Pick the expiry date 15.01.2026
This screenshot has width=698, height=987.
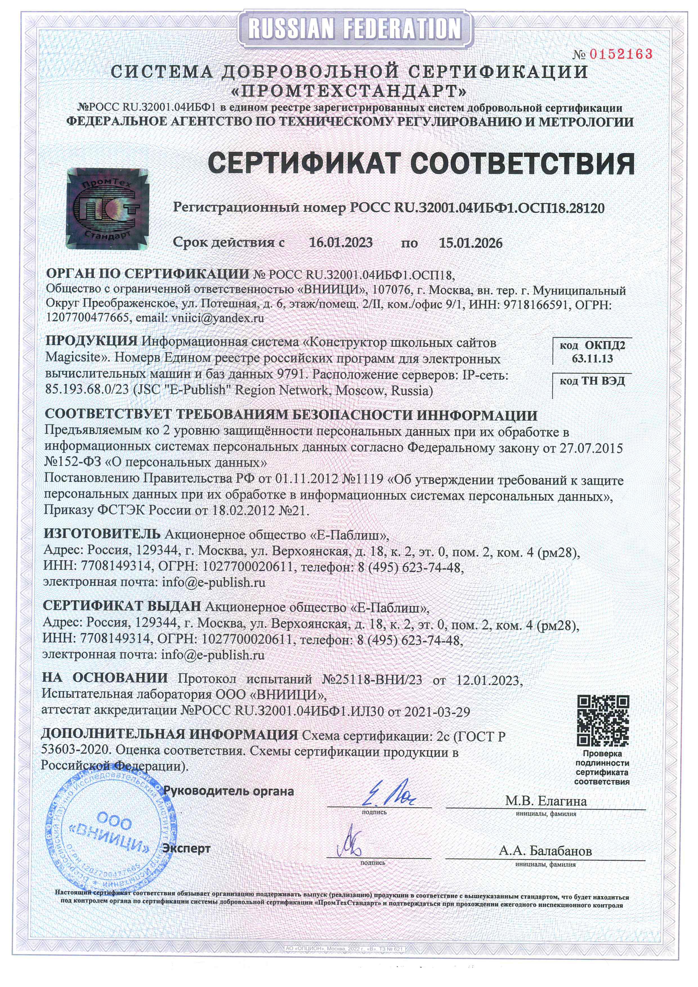pos(470,243)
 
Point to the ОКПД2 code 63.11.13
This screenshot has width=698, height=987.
pos(592,359)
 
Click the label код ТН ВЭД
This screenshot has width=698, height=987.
pos(592,381)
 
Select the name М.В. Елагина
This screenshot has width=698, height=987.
pos(545,801)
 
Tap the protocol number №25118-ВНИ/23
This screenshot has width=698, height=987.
pos(372,679)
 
